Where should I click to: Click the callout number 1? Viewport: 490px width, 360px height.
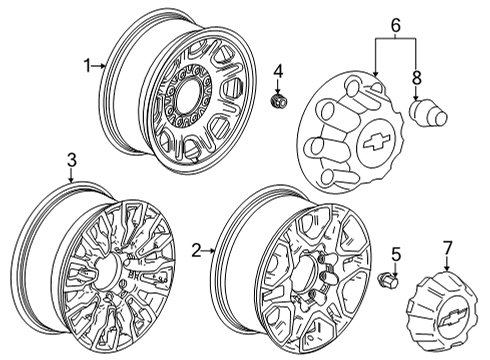coord(87,66)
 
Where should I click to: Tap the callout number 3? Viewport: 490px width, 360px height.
coord(71,160)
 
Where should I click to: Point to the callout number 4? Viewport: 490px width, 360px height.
coord(279,70)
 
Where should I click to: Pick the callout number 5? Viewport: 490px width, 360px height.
coord(395,253)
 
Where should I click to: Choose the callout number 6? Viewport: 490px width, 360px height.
coord(394,24)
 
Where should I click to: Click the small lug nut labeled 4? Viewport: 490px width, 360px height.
coord(279,101)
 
